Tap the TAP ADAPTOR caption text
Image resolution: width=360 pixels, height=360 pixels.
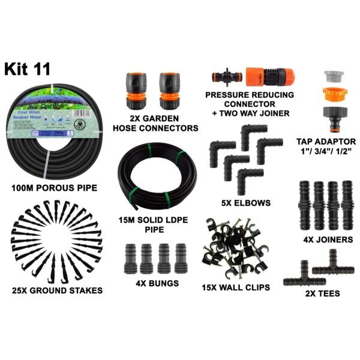[x=326, y=142]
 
